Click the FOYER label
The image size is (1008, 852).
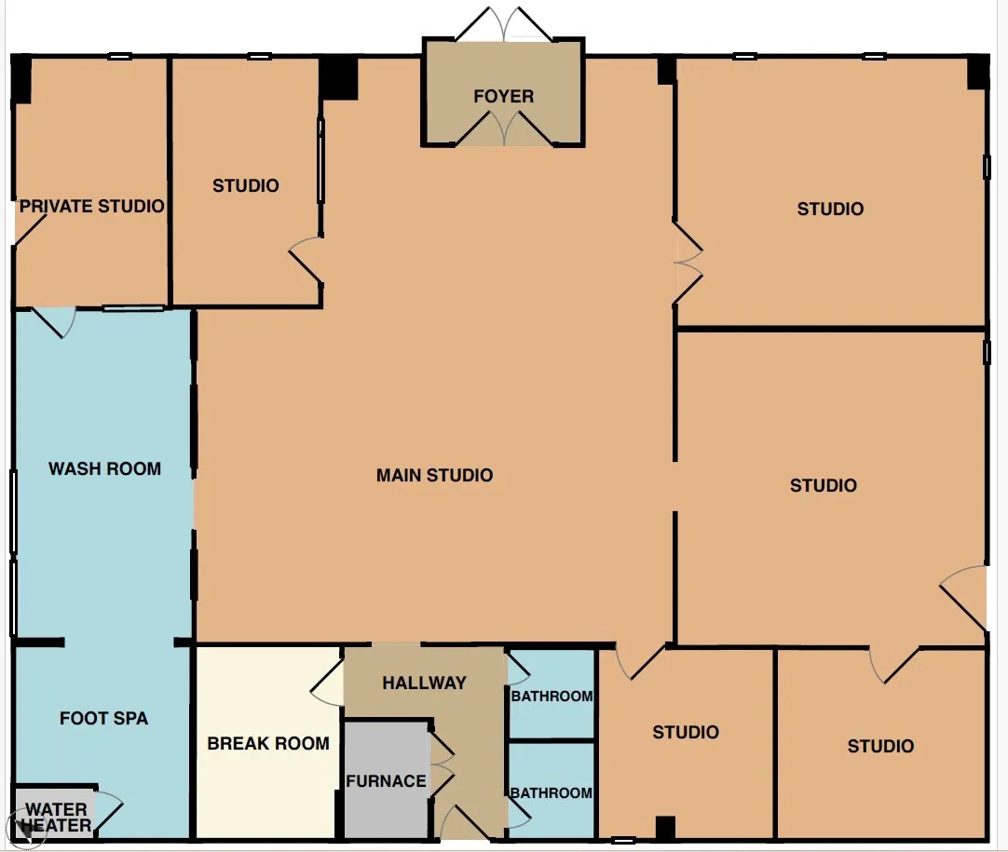tap(503, 97)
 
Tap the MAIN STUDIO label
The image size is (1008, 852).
tap(434, 476)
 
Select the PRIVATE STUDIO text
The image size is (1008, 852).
tap(92, 207)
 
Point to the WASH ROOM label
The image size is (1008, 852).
tap(104, 469)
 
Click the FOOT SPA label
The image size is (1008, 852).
tap(103, 718)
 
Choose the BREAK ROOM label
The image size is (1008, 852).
tap(268, 743)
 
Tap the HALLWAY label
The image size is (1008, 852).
tap(424, 683)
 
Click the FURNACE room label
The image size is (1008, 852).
tap(386, 781)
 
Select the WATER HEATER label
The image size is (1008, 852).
tap(56, 818)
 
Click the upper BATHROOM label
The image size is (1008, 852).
tap(552, 696)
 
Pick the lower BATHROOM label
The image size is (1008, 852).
tap(552, 793)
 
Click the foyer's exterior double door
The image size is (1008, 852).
tap(503, 24)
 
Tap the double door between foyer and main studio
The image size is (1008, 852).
tap(503, 128)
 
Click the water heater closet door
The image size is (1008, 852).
tap(108, 814)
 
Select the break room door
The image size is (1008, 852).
tap(327, 683)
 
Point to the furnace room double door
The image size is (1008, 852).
tap(443, 764)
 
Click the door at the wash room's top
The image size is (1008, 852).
tap(54, 322)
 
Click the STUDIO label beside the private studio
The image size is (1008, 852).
tap(246, 185)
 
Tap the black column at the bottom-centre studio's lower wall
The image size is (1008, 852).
tap(665, 828)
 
